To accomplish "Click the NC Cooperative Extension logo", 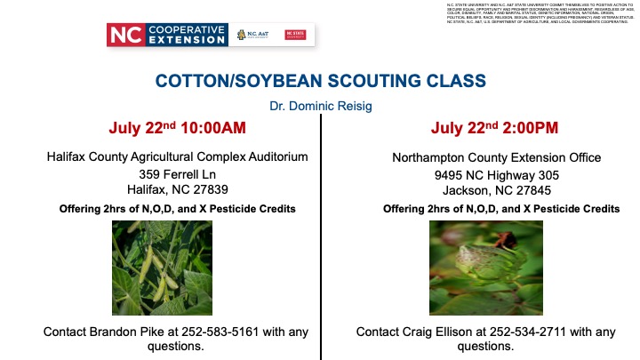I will tap(166, 35).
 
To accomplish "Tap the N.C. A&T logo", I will tap(254, 35).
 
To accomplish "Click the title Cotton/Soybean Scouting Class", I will tap(320, 80).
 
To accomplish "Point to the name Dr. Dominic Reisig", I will tap(320, 106).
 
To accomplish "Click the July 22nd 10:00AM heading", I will tap(177, 129).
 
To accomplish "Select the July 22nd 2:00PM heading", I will tap(494, 129).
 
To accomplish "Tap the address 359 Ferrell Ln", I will tap(177, 173).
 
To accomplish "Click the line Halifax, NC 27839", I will tap(177, 189).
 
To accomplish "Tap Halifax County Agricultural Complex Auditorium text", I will tap(177, 157).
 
